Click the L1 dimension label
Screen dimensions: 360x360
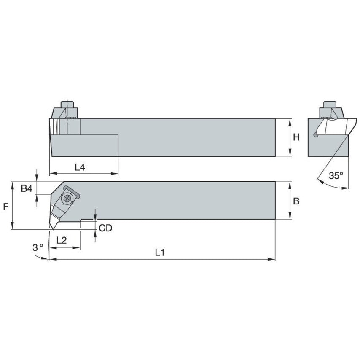[x=159, y=253]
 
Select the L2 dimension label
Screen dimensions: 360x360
[x=62, y=240]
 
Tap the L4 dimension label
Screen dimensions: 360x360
[x=80, y=167]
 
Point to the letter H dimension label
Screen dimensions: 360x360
[x=296, y=137]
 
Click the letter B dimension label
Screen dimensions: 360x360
[x=296, y=201]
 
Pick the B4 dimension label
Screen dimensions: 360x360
[x=27, y=189]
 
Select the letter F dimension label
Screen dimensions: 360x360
[x=5, y=206]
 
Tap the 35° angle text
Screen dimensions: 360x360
[x=336, y=176]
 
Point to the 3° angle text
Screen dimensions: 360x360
[x=37, y=247]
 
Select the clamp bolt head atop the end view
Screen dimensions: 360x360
[x=329, y=104]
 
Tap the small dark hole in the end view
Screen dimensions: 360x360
[x=315, y=135]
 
